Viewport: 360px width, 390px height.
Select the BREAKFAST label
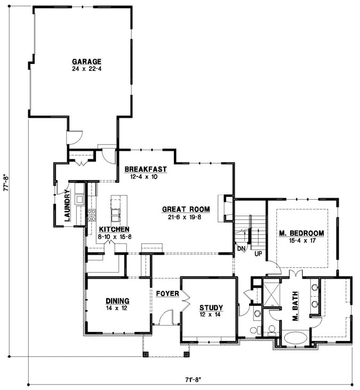click(x=146, y=169)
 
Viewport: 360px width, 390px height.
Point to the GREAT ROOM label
click(x=186, y=209)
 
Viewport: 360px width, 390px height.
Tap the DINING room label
click(x=117, y=300)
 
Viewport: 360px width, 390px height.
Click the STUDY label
click(x=211, y=308)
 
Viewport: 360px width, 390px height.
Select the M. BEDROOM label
click(x=301, y=233)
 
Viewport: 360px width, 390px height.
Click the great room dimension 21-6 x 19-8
click(x=186, y=217)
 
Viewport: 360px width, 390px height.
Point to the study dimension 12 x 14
click(x=211, y=315)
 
